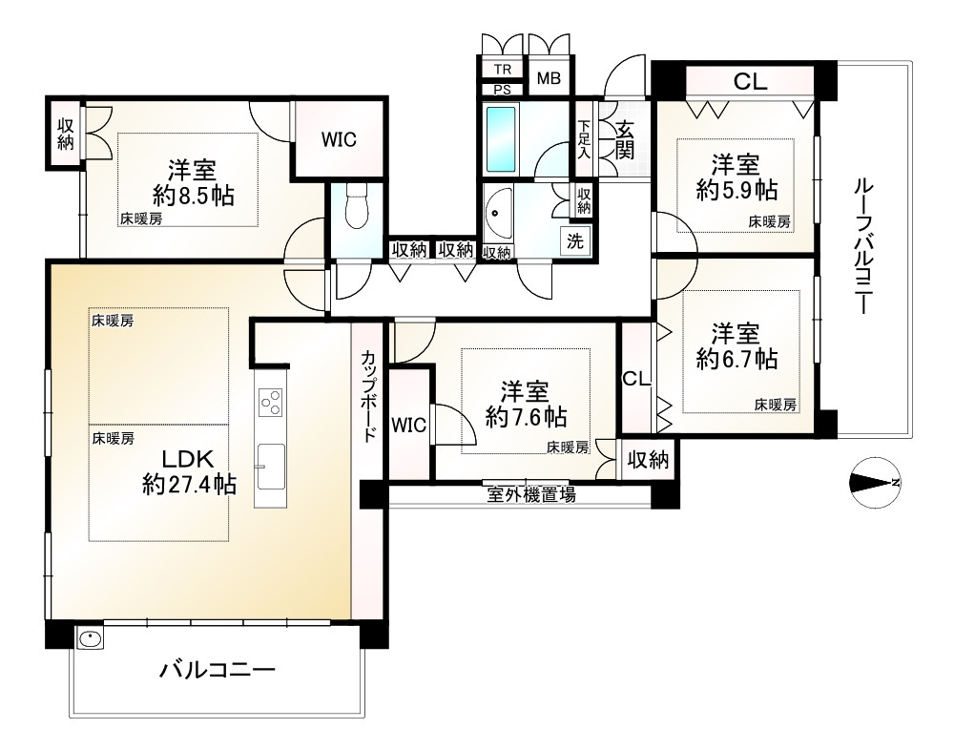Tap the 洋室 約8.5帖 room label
[193, 183]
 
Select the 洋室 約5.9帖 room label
[736, 176]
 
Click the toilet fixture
[355, 207]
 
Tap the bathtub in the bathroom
[501, 137]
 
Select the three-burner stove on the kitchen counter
[270, 401]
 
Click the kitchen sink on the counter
[270, 465]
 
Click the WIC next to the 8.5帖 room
[338, 139]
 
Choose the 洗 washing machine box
[575, 240]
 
